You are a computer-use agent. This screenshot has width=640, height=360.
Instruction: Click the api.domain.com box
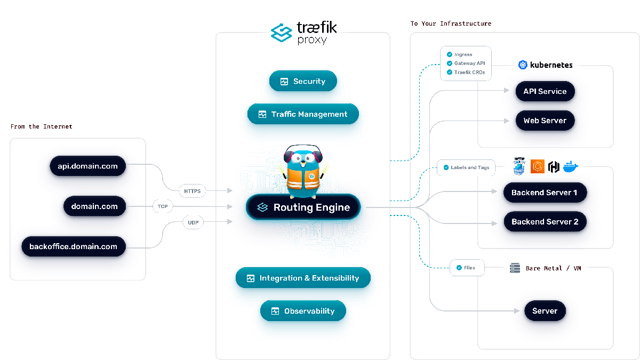(87, 166)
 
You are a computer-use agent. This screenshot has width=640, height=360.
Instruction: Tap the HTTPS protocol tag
(192, 190)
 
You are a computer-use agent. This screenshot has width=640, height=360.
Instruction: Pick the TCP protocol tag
(162, 206)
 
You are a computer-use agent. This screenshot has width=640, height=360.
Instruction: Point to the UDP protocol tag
(193, 222)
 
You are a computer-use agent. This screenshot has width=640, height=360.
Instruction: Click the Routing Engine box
(303, 207)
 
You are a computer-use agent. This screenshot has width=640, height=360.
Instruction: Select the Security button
(303, 82)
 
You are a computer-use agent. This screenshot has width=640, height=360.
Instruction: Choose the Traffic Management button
(303, 114)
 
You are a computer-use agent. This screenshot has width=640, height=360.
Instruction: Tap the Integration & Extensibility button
(303, 278)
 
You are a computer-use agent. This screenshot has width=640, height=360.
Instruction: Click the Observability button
(303, 311)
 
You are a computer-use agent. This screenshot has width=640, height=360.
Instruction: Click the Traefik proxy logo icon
(281, 33)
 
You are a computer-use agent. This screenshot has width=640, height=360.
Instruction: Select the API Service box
(545, 91)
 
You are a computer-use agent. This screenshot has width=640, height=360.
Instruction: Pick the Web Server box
(545, 121)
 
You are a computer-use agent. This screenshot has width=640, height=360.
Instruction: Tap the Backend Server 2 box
(545, 222)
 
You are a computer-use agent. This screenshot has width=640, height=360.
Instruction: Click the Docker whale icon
(570, 166)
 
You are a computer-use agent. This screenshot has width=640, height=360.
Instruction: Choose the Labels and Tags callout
(466, 167)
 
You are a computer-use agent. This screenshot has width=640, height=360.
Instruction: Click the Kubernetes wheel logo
(523, 65)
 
